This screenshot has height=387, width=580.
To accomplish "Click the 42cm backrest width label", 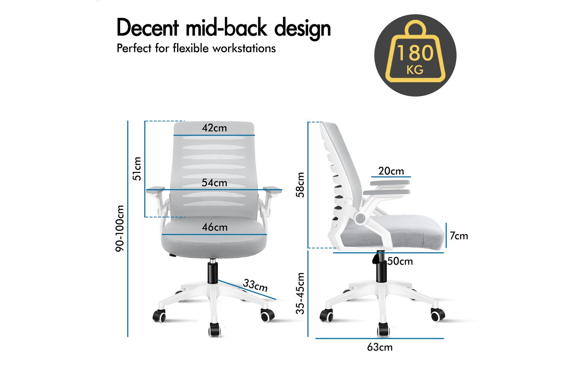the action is coord(214,128).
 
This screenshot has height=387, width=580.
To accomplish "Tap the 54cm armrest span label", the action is coord(214,183).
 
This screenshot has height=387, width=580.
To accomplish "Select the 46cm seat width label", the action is coord(215,227).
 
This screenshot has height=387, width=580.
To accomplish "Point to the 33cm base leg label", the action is coord(255,285).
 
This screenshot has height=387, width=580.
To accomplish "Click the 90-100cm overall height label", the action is coord(119,228).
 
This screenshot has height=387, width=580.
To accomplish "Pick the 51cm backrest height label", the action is coord(137,169).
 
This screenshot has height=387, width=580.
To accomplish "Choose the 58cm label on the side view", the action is coord(300,185).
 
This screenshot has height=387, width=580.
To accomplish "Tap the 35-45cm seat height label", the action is coord(300,293).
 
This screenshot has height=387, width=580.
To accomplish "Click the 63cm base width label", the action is coord(380,347).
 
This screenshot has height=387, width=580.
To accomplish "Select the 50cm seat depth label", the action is coord(400,261).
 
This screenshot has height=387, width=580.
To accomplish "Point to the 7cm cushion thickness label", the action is coord(459,236).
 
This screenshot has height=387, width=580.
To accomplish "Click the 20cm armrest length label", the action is coord(391,171).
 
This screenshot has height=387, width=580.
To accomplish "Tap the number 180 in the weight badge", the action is coord(415,53).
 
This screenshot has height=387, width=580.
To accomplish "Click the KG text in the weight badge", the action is coord(415,70).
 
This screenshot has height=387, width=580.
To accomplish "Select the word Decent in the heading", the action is coord(148,28).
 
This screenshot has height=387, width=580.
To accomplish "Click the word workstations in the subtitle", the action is coord(244,48).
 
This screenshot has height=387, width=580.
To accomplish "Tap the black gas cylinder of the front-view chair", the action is coord(212,273).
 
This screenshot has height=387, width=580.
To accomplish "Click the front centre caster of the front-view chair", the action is coord(215,329).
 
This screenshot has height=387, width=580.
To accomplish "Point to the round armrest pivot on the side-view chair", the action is coord(360,218).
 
